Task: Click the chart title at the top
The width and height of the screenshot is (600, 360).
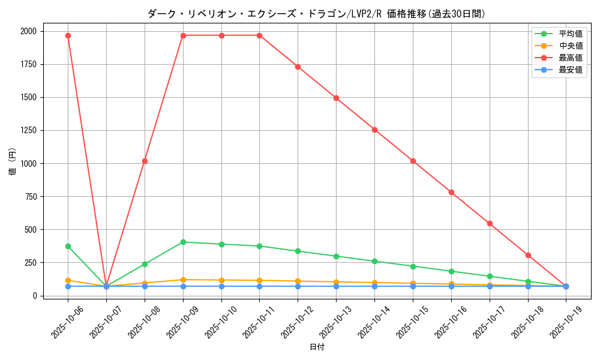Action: click(316, 14)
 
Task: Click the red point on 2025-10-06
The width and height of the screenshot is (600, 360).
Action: click(68, 35)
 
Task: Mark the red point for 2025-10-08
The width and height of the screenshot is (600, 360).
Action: click(145, 161)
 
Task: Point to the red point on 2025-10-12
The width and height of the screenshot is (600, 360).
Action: click(298, 67)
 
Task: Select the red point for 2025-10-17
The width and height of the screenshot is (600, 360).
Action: click(490, 223)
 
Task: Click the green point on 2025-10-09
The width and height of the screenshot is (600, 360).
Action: click(183, 242)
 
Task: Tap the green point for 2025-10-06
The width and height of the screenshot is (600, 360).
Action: click(68, 246)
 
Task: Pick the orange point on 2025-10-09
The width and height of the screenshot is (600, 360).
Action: click(183, 280)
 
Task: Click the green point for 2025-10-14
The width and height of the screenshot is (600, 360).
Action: click(374, 261)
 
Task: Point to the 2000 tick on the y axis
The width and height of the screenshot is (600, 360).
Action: click(28, 31)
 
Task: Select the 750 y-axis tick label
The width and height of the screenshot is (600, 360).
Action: click(30, 196)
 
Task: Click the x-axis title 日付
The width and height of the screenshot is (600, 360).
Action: click(317, 347)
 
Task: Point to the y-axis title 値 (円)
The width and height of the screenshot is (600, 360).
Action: click(13, 163)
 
